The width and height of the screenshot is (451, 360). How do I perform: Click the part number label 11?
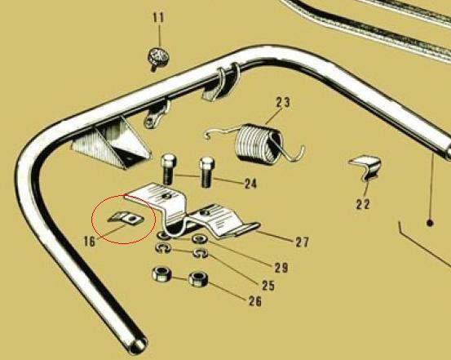click(158, 18)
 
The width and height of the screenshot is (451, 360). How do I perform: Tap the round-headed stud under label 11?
click(158, 59)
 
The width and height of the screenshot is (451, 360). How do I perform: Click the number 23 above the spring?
click(283, 102)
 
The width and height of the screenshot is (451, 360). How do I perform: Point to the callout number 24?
click(250, 183)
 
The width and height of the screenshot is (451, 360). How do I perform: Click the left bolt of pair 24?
click(169, 169)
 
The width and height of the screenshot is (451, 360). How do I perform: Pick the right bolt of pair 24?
click(206, 172)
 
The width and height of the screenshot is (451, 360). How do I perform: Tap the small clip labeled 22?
click(366, 168)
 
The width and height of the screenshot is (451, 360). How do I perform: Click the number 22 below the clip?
click(363, 204)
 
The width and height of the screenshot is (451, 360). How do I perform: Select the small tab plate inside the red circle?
click(126, 218)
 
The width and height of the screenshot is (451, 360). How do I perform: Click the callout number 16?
click(90, 241)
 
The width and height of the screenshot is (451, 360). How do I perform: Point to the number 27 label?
click(303, 242)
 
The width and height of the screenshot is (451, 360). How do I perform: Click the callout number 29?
click(281, 268)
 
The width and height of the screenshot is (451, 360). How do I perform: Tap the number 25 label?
click(268, 286)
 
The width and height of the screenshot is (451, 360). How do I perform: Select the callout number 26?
click(255, 301)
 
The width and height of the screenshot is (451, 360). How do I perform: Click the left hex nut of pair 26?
click(161, 274)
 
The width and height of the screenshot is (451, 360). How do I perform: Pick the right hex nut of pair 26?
click(198, 279)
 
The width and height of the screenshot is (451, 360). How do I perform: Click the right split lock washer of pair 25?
click(200, 253)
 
